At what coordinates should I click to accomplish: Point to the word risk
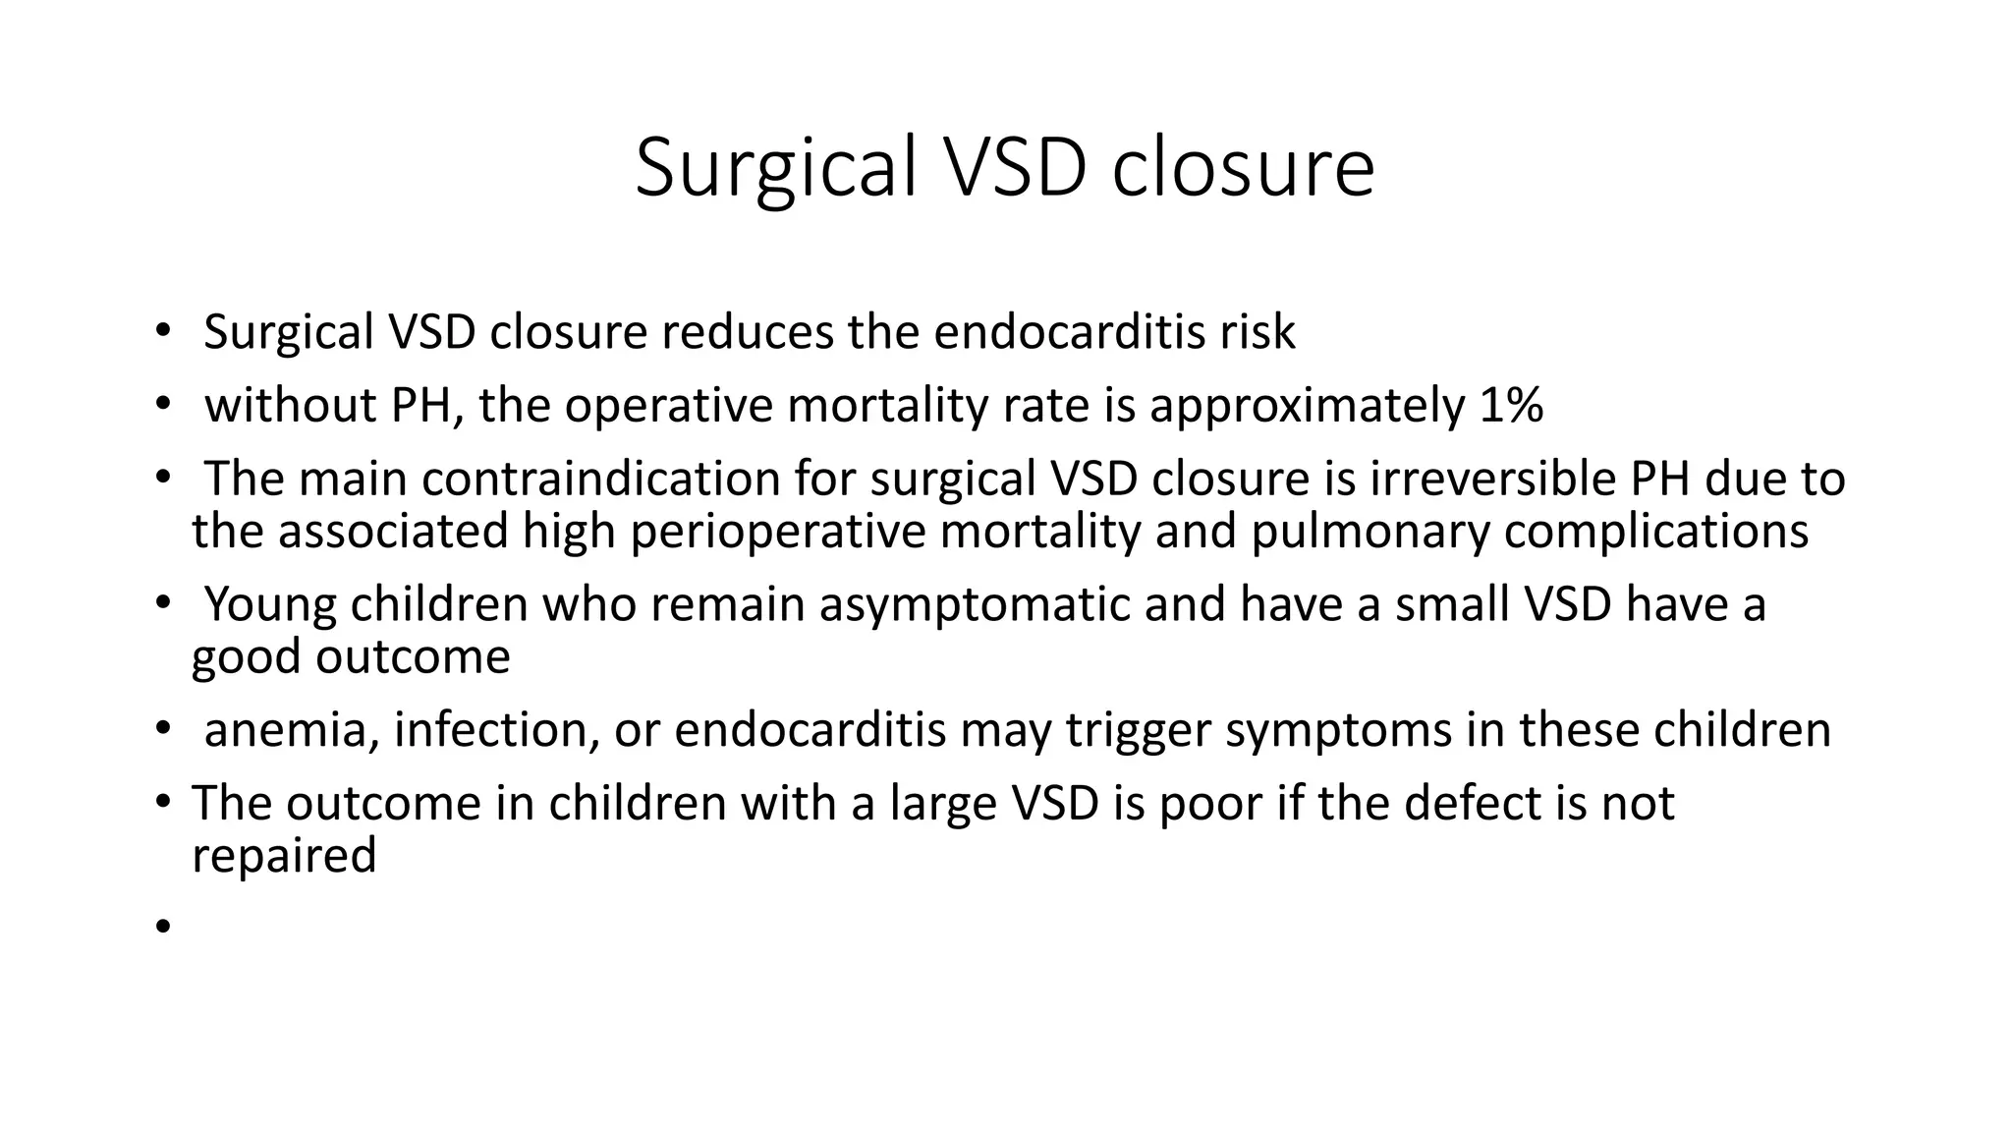point(1257,332)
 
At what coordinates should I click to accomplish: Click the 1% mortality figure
point(1510,405)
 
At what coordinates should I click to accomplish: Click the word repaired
point(284,855)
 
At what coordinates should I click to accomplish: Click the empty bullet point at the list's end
point(162,926)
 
